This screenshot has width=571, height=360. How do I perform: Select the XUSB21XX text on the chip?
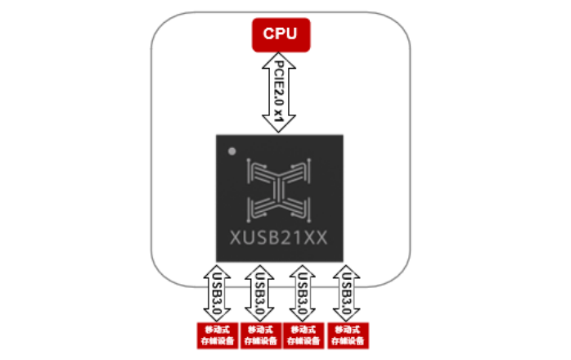click(x=280, y=236)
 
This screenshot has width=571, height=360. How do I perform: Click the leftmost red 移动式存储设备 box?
click(x=215, y=335)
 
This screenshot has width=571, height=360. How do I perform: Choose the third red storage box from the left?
click(x=302, y=335)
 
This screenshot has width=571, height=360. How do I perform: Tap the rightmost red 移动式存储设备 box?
click(x=347, y=335)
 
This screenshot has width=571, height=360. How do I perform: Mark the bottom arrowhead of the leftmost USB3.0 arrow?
click(x=215, y=318)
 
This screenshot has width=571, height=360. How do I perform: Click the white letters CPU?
click(x=280, y=34)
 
